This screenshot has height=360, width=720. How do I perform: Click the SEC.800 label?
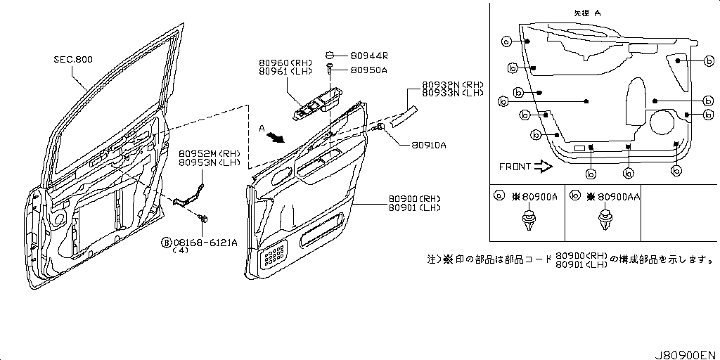[73, 60]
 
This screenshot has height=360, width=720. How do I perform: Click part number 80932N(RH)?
[452, 84]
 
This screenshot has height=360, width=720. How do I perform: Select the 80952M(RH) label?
[209, 153]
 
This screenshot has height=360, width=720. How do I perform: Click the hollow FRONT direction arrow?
[544, 167]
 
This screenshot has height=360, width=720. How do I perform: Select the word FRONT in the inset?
[515, 167]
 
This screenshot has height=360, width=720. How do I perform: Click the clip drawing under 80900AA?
[604, 221]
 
